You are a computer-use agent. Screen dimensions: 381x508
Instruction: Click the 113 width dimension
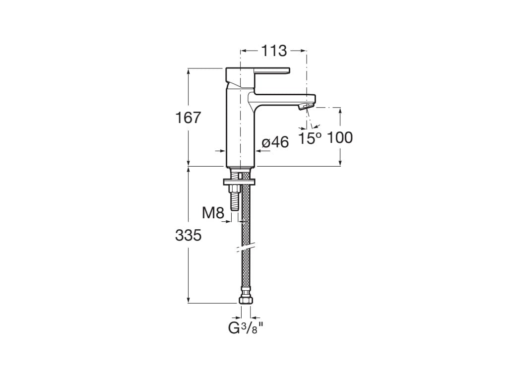[x=274, y=51]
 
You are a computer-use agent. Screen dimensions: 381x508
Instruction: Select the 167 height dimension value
[x=189, y=118]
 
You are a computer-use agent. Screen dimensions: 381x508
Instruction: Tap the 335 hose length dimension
[x=189, y=236]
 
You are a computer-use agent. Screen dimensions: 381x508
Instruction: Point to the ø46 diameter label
[x=275, y=142]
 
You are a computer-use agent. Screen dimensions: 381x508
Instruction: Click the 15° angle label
[x=310, y=138]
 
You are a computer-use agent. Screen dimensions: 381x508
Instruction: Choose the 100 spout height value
[x=340, y=138]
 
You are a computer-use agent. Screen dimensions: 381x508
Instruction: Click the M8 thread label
[x=213, y=213]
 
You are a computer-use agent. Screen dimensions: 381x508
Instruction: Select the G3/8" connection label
[x=245, y=328]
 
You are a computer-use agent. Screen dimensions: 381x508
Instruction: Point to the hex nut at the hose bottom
[x=246, y=300]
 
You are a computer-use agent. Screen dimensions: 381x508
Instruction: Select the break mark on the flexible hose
[x=246, y=246]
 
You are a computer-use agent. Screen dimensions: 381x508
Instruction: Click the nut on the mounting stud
[x=233, y=189]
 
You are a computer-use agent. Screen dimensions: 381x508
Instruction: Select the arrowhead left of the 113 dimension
[x=243, y=51]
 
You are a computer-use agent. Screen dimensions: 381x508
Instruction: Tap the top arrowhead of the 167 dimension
[x=189, y=70]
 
